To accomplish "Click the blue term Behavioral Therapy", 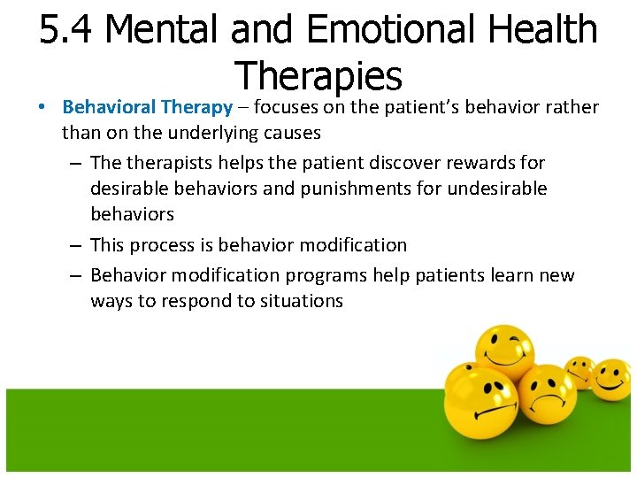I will click(x=147, y=107).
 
